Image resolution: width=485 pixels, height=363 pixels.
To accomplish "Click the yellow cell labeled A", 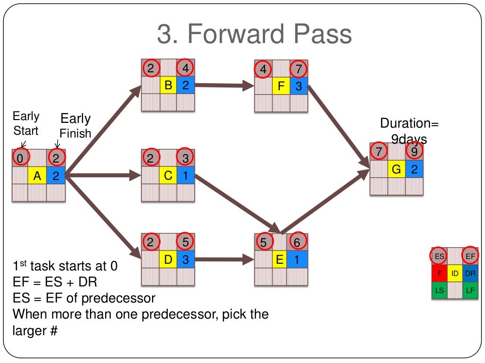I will coord(37,176).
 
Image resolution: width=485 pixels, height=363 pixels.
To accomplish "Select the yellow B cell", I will coord(168,86).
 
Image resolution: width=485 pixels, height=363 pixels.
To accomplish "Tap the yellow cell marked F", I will coord(281,86).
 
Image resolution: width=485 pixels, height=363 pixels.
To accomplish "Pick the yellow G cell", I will coord(396,169).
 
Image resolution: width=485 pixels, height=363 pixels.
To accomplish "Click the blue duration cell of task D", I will coord(186,259).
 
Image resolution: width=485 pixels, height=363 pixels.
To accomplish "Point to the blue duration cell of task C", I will coord(186,176).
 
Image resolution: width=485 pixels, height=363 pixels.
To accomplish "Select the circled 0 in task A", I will coord(20,158).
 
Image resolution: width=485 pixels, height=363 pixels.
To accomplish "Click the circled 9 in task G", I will coord(414,151).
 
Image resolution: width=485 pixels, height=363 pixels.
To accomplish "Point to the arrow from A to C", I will coord(102,176).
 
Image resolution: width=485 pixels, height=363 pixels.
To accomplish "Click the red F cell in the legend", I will coord(440,273).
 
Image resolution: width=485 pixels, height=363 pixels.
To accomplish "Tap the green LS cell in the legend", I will coord(440,290).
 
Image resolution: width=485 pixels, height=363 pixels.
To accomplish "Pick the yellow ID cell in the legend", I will coord(455,273).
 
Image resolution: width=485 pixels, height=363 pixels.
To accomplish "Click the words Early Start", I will coord(26,123).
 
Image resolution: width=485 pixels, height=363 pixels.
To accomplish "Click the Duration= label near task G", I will coord(409,124).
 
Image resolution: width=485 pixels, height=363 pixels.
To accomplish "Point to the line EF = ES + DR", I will coord(54,282).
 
